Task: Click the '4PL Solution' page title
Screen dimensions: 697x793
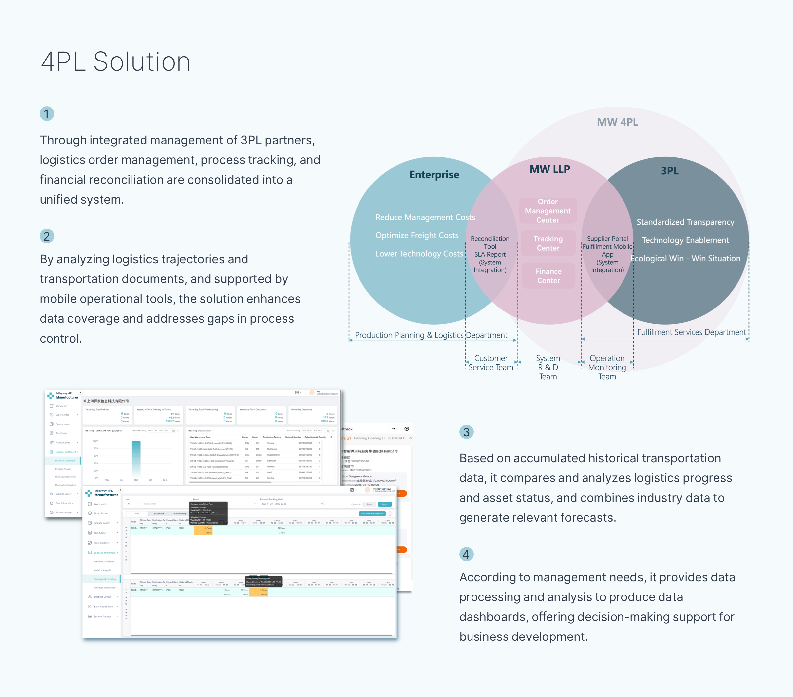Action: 115,62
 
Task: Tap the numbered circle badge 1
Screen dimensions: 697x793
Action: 47,114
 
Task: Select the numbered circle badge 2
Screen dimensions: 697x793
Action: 47,236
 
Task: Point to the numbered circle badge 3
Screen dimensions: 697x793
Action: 466,432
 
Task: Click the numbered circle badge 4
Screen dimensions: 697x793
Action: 466,554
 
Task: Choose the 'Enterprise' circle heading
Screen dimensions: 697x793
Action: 434,175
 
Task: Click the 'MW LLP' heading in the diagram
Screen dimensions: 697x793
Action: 549,169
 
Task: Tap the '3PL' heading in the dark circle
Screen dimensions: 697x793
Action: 670,171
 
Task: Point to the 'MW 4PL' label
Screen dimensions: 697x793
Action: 617,122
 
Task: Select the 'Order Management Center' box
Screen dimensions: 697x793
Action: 548,211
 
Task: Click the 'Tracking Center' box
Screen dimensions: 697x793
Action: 548,243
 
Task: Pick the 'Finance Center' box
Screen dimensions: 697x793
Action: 548,276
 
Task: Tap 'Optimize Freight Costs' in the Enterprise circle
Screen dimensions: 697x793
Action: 417,235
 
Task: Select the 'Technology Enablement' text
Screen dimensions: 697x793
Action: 685,240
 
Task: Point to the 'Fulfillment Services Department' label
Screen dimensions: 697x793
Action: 691,332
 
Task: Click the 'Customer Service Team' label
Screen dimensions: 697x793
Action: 491,363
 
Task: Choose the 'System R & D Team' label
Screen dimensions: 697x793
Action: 548,367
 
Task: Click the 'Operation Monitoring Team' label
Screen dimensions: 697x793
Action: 607,367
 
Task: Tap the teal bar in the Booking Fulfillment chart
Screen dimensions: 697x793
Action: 136,458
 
